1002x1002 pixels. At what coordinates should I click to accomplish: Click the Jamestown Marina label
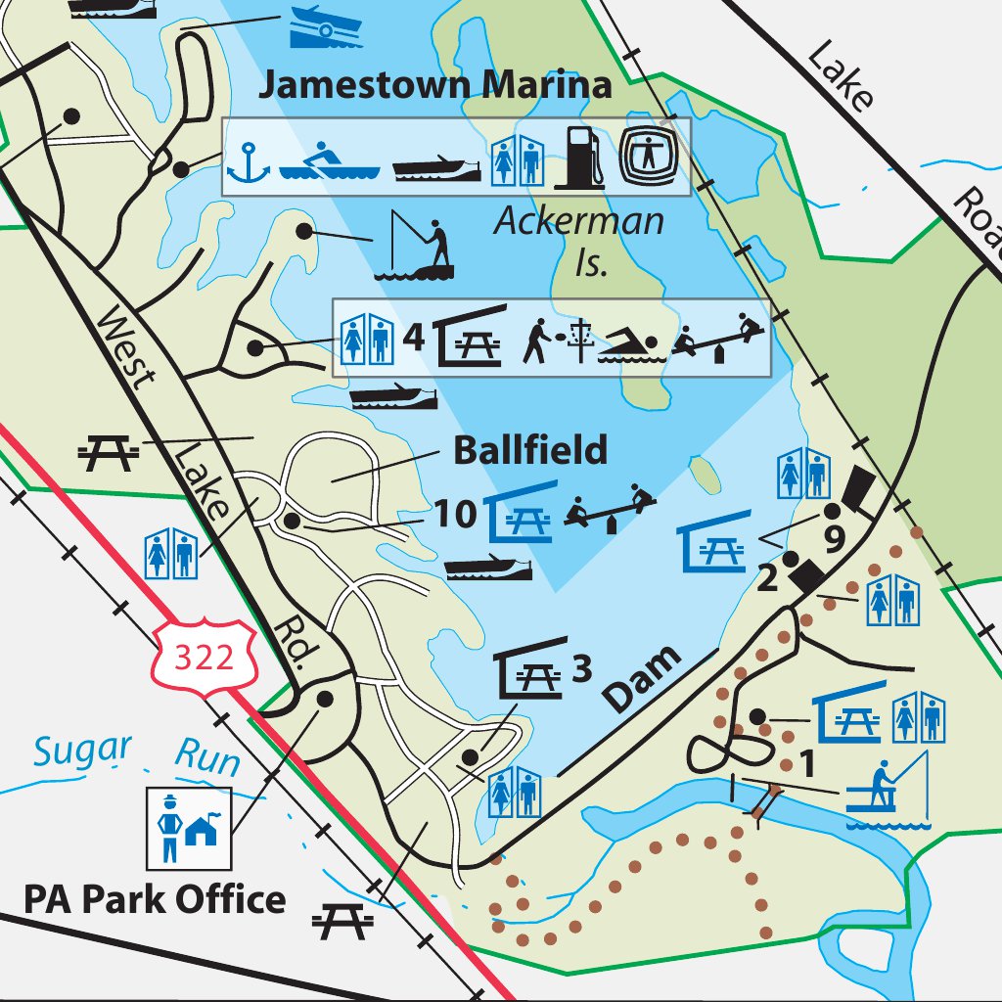(434, 84)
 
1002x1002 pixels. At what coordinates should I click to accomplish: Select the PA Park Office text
(155, 899)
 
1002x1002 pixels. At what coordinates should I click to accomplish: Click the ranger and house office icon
(189, 828)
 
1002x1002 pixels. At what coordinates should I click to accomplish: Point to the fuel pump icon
(580, 156)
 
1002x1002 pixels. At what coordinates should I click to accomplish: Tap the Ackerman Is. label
(579, 239)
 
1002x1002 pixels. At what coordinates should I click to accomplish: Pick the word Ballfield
(529, 451)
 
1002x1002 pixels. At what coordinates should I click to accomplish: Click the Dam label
(641, 678)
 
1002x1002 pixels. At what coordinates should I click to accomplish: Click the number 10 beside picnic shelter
(455, 513)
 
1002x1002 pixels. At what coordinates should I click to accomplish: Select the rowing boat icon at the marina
(329, 161)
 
